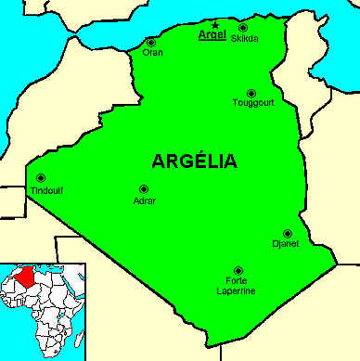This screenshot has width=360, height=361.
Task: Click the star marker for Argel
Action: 215,25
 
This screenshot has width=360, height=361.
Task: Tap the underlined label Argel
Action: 212,37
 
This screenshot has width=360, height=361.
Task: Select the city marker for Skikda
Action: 243,27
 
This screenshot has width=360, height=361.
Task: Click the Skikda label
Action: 246,38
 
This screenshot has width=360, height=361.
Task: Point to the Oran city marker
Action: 151,42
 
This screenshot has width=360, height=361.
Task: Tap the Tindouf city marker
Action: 40,178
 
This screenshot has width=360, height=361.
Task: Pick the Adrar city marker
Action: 143,188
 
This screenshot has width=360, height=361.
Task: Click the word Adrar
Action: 145,200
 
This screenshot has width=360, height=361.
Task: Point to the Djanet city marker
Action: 288,233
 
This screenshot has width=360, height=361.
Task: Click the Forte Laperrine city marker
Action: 238,270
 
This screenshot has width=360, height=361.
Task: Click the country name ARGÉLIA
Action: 194,161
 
